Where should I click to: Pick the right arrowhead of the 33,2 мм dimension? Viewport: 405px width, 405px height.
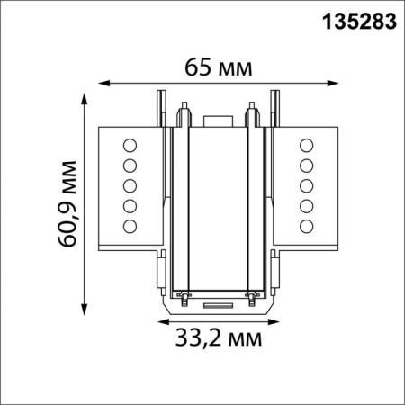(274, 320)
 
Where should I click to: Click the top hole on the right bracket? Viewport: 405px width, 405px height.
(306, 144)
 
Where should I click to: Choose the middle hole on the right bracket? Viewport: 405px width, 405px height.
(306, 185)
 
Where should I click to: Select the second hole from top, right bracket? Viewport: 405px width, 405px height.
(306, 165)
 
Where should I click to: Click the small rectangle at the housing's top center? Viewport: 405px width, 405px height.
(217, 119)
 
